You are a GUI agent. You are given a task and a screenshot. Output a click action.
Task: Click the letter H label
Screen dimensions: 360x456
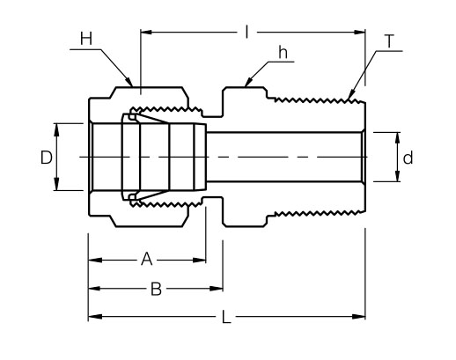(85, 38)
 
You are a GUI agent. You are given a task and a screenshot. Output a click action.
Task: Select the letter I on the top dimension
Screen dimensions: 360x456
(249, 33)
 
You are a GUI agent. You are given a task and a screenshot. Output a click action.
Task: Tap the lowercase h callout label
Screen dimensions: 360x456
(283, 51)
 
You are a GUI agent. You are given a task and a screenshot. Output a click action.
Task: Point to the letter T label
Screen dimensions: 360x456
(388, 40)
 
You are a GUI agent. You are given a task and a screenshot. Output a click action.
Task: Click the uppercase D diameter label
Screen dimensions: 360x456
(46, 157)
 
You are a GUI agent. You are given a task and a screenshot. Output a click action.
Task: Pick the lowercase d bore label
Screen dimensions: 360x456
(408, 158)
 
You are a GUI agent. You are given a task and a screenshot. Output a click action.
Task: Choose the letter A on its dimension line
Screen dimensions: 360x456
(147, 260)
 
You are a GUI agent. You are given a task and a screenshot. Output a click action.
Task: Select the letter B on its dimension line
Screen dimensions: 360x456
(156, 289)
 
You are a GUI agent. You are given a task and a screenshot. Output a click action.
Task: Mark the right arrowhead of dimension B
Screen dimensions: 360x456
(218, 289)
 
